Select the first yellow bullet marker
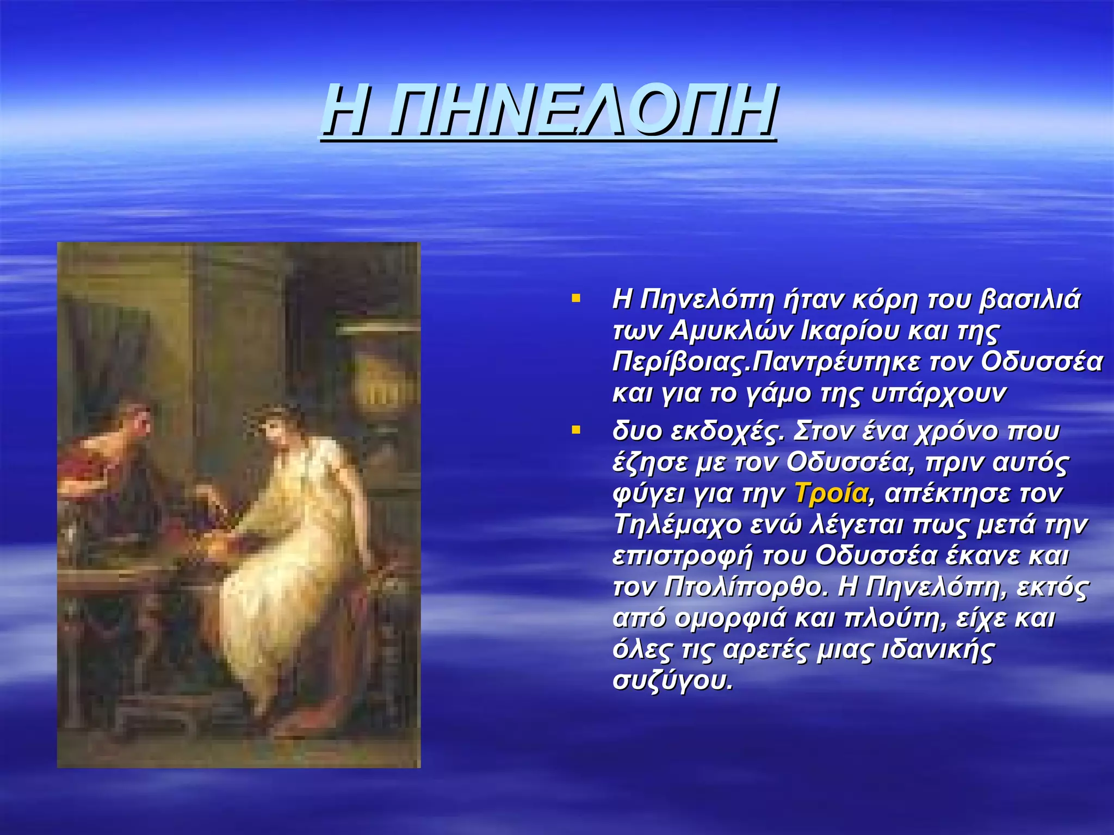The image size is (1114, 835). click(x=576, y=298)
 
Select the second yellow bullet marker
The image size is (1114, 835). click(x=576, y=431)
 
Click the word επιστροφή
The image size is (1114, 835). click(x=683, y=556)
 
